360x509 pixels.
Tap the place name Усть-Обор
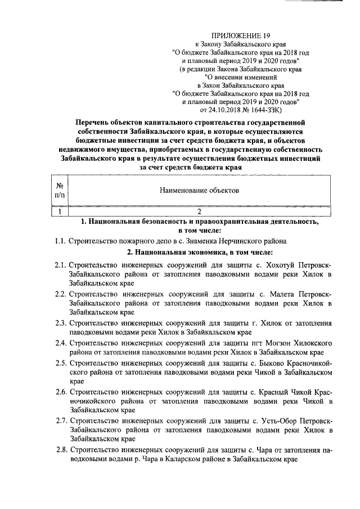coord(277,421)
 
